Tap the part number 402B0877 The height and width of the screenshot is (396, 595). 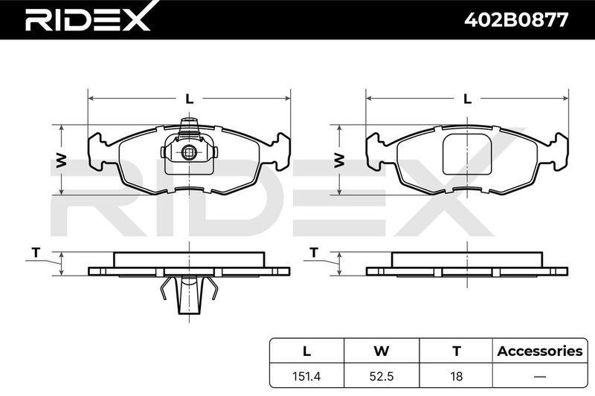pyautogui.click(x=516, y=20)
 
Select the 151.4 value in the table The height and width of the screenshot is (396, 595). pyautogui.click(x=306, y=376)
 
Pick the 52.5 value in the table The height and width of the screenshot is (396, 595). pyautogui.click(x=382, y=376)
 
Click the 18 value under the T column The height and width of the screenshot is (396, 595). pyautogui.click(x=457, y=376)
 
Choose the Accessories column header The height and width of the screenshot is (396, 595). pyautogui.click(x=540, y=351)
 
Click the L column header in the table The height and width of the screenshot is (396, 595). pyautogui.click(x=306, y=351)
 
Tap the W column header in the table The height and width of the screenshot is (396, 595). pyautogui.click(x=382, y=351)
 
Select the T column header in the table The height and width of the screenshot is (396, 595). pyautogui.click(x=457, y=351)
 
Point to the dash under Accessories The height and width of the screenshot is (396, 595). pyautogui.click(x=540, y=377)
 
